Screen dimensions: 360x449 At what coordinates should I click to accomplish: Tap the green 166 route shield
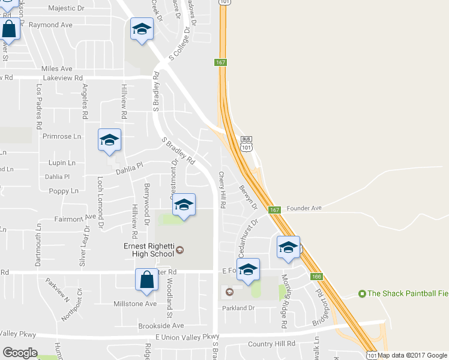(x=316, y=277)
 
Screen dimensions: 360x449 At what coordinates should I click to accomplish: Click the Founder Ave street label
(x=304, y=208)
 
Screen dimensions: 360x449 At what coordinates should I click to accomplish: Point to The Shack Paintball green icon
(x=362, y=293)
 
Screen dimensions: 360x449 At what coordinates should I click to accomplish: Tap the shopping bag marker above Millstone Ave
(x=147, y=281)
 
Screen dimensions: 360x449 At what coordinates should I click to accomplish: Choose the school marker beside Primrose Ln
(x=109, y=140)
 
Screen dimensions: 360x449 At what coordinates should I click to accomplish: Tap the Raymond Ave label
(x=50, y=25)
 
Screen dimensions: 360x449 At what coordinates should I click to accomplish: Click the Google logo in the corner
(x=20, y=353)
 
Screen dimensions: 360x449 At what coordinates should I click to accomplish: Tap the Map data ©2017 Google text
(x=413, y=355)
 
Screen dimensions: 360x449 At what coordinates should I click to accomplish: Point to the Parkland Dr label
(x=239, y=308)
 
